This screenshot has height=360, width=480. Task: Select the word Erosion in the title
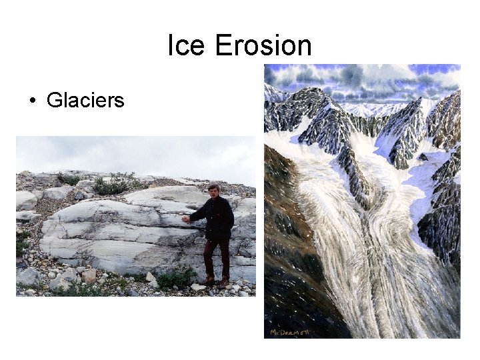[x=263, y=46]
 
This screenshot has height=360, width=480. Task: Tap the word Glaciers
[x=85, y=101]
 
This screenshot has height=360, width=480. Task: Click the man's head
[x=213, y=190]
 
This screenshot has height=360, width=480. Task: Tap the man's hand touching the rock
[x=186, y=218]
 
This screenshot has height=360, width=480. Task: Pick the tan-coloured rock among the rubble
[x=89, y=275]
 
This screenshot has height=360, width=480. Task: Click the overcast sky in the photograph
[x=133, y=152]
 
